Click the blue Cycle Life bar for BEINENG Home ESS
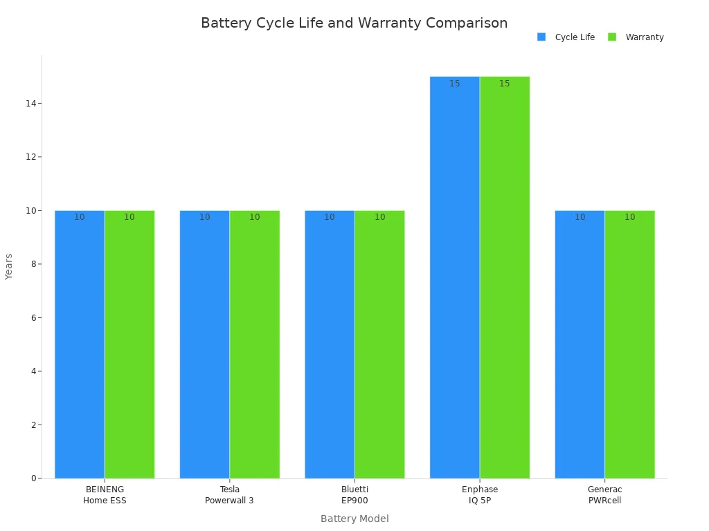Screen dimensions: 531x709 pos(80,346)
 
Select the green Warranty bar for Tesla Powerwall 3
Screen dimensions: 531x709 pos(255,346)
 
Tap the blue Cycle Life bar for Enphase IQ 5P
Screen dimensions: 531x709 pos(454,277)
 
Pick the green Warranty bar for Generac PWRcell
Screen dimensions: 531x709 pos(629,346)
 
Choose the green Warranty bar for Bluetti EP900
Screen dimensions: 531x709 pos(379,346)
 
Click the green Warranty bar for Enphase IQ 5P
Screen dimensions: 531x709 pos(505,277)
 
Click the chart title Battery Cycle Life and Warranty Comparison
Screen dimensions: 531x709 pos(354,23)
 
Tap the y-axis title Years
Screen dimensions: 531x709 pos(9,266)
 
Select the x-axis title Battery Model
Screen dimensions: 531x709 pos(354,519)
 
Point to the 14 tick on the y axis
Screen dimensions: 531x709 pos(30,103)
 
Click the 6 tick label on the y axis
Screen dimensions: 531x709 pos(33,317)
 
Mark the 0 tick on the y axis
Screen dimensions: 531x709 pos(33,478)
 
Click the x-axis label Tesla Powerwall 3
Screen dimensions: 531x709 pos(229,495)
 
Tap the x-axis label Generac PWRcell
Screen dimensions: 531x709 pos(604,495)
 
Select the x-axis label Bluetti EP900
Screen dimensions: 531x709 pos(354,495)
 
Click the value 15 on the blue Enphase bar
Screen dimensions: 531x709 pos(454,84)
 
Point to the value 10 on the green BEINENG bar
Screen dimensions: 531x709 pos(129,217)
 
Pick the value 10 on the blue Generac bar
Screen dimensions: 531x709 pos(580,217)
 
